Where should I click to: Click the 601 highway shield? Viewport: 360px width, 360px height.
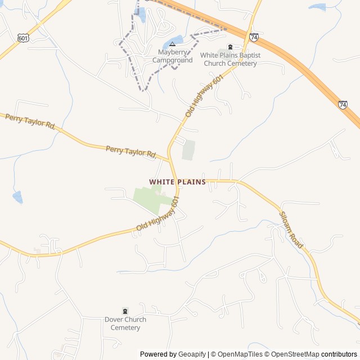pyautogui.click(x=23, y=38)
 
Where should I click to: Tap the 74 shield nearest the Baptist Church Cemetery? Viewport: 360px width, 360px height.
pyautogui.click(x=254, y=37)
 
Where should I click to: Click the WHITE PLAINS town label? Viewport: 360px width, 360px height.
pyautogui.click(x=177, y=182)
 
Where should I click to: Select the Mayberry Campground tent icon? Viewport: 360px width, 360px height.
pyautogui.click(x=172, y=44)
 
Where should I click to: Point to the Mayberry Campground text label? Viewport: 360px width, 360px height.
pyautogui.click(x=172, y=56)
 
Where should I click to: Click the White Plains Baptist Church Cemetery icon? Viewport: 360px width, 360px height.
pyautogui.click(x=229, y=47)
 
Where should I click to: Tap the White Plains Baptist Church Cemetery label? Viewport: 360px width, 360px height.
pyautogui.click(x=229, y=60)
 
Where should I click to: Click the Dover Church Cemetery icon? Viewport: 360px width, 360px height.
pyautogui.click(x=125, y=311)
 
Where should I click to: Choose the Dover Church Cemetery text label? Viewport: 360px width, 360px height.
pyautogui.click(x=125, y=323)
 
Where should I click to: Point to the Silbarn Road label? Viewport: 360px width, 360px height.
pyautogui.click(x=291, y=231)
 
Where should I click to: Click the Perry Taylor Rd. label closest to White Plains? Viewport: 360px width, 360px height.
pyautogui.click(x=131, y=151)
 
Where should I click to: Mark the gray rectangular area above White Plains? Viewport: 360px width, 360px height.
pyautogui.click(x=188, y=150)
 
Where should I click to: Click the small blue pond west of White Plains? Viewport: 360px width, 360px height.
pyautogui.click(x=18, y=197)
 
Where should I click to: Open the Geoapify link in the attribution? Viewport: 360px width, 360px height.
pyautogui.click(x=192, y=354)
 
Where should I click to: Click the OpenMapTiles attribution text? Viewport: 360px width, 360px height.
pyautogui.click(x=240, y=354)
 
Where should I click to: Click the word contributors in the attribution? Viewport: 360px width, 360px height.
pyautogui.click(x=339, y=354)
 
